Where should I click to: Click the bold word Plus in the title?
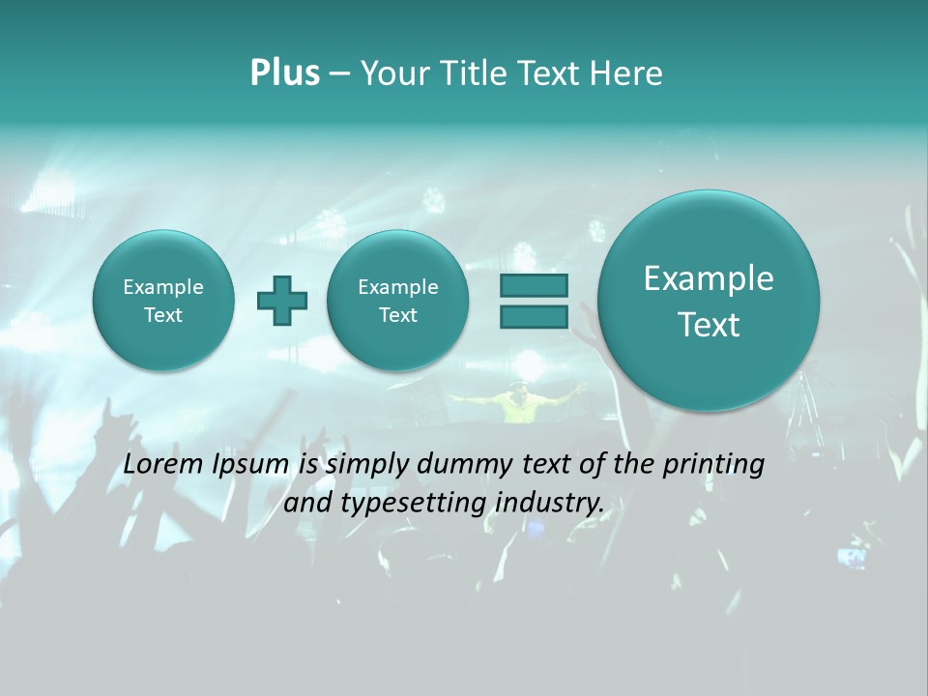click(x=284, y=73)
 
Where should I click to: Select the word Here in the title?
click(x=628, y=73)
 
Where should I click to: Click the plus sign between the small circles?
click(x=282, y=301)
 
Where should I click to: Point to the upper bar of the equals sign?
click(x=534, y=286)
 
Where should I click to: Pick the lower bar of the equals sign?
click(x=534, y=316)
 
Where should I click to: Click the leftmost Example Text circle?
click(x=162, y=301)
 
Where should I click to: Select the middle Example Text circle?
click(x=397, y=301)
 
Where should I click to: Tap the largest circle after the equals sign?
click(x=709, y=301)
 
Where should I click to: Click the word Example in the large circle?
click(x=709, y=278)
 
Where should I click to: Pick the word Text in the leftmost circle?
click(x=162, y=315)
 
